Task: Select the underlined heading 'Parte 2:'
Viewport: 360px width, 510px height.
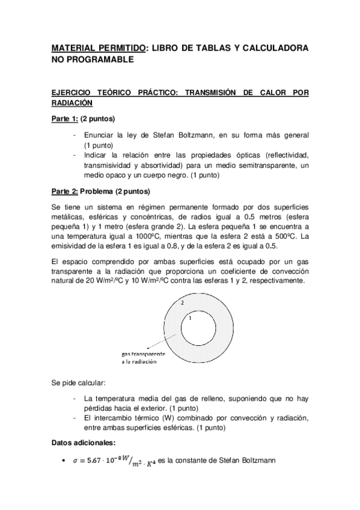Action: click(64, 192)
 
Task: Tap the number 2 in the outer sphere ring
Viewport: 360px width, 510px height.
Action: click(182, 303)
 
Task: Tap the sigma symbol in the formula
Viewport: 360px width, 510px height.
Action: click(75, 462)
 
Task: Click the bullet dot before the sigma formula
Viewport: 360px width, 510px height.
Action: click(64, 462)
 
